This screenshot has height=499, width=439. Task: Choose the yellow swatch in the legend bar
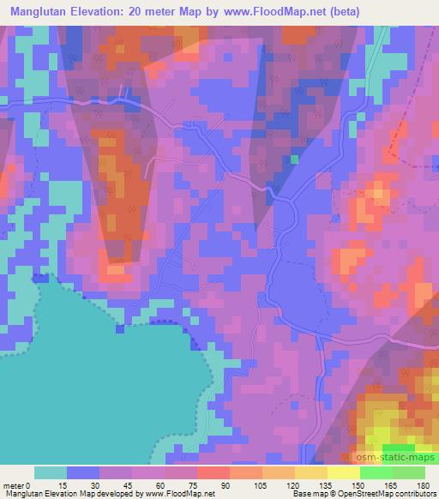click(343, 472)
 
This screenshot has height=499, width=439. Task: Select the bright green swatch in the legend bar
click(376, 472)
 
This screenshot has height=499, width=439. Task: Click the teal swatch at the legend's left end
click(51, 472)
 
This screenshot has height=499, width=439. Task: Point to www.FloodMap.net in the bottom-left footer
click(176, 494)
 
